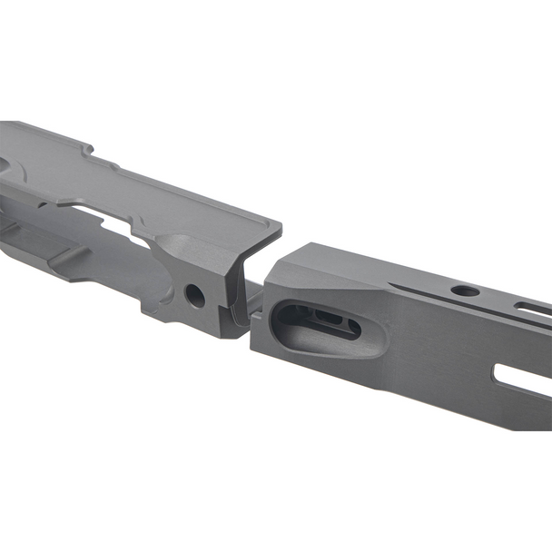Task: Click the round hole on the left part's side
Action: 193,294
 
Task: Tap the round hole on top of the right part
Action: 465,291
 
